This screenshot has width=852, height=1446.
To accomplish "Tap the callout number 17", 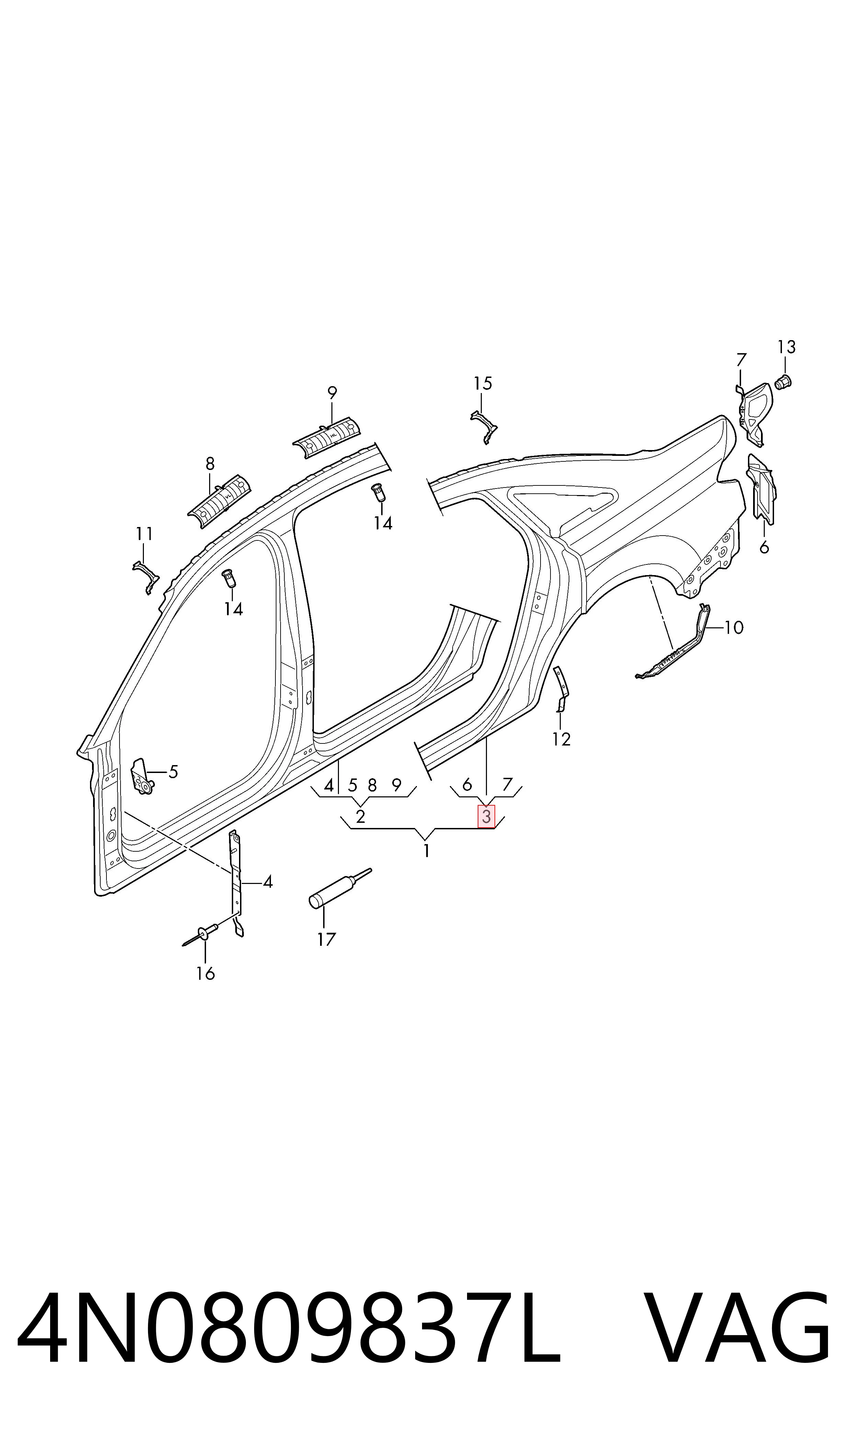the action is tap(326, 940).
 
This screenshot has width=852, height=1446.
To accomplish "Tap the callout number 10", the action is tap(734, 628).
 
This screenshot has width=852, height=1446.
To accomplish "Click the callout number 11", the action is tap(144, 534).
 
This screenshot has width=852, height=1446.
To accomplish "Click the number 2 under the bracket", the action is tap(361, 817).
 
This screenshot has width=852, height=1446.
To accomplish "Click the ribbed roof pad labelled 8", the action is tap(219, 496).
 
